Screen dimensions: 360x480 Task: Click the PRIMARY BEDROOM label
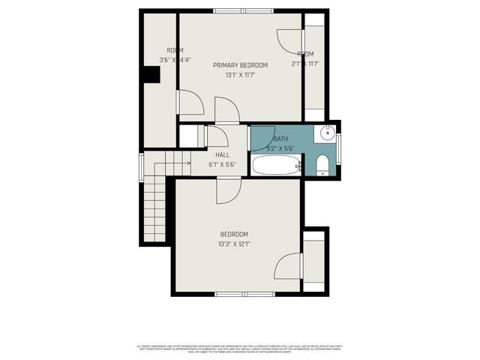pyautogui.click(x=240, y=65)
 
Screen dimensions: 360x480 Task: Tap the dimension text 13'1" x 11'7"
pyautogui.click(x=240, y=75)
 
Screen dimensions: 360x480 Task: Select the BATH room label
pyautogui.click(x=280, y=139)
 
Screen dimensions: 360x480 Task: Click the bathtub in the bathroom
pyautogui.click(x=276, y=165)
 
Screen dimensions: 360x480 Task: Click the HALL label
pyautogui.click(x=223, y=155)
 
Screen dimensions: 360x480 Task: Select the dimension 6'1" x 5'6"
pyautogui.click(x=223, y=164)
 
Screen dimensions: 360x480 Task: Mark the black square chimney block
pyautogui.click(x=152, y=74)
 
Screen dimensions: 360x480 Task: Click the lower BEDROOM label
pyautogui.click(x=234, y=234)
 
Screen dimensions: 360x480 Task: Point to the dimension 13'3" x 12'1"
pyautogui.click(x=234, y=244)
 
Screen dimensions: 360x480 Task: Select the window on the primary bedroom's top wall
pyautogui.click(x=242, y=10)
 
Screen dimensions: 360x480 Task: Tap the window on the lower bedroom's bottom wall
pyautogui.click(x=242, y=292)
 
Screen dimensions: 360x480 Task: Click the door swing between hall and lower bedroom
pyautogui.click(x=228, y=191)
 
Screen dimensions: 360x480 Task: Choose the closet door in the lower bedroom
pyautogui.click(x=289, y=266)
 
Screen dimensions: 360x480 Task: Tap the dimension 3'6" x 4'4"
pyautogui.click(x=175, y=60)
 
